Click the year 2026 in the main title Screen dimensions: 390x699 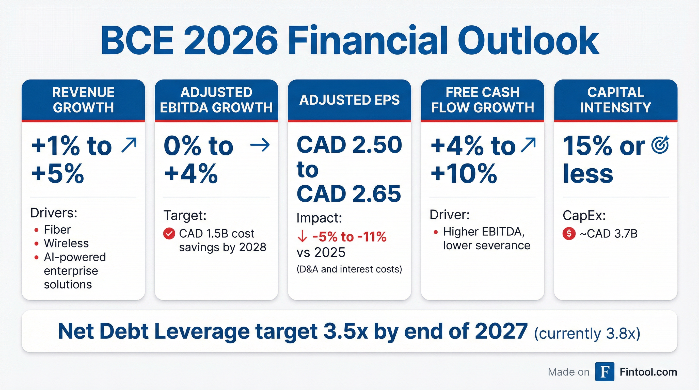(x=231, y=41)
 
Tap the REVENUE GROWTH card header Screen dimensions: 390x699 (x=83, y=100)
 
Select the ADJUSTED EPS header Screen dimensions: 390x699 (x=349, y=100)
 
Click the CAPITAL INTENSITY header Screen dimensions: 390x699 (x=615, y=100)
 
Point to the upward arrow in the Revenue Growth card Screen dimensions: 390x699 (x=129, y=145)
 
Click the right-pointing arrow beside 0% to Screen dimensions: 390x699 (x=260, y=145)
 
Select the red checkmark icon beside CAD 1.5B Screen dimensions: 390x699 (x=169, y=234)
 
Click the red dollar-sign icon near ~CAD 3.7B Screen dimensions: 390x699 (x=569, y=234)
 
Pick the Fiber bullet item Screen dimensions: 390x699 (x=57, y=230)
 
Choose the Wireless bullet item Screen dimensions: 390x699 (x=66, y=243)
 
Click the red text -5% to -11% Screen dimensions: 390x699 (x=349, y=237)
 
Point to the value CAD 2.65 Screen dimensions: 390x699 (x=349, y=194)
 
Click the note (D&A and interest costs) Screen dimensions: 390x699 (x=349, y=269)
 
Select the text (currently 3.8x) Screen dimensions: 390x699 (x=587, y=333)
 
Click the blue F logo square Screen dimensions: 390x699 (x=605, y=371)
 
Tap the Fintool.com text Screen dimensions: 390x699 (x=648, y=372)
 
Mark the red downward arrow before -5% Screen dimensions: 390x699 (x=302, y=236)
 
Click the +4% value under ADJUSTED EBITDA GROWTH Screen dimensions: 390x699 (x=191, y=174)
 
